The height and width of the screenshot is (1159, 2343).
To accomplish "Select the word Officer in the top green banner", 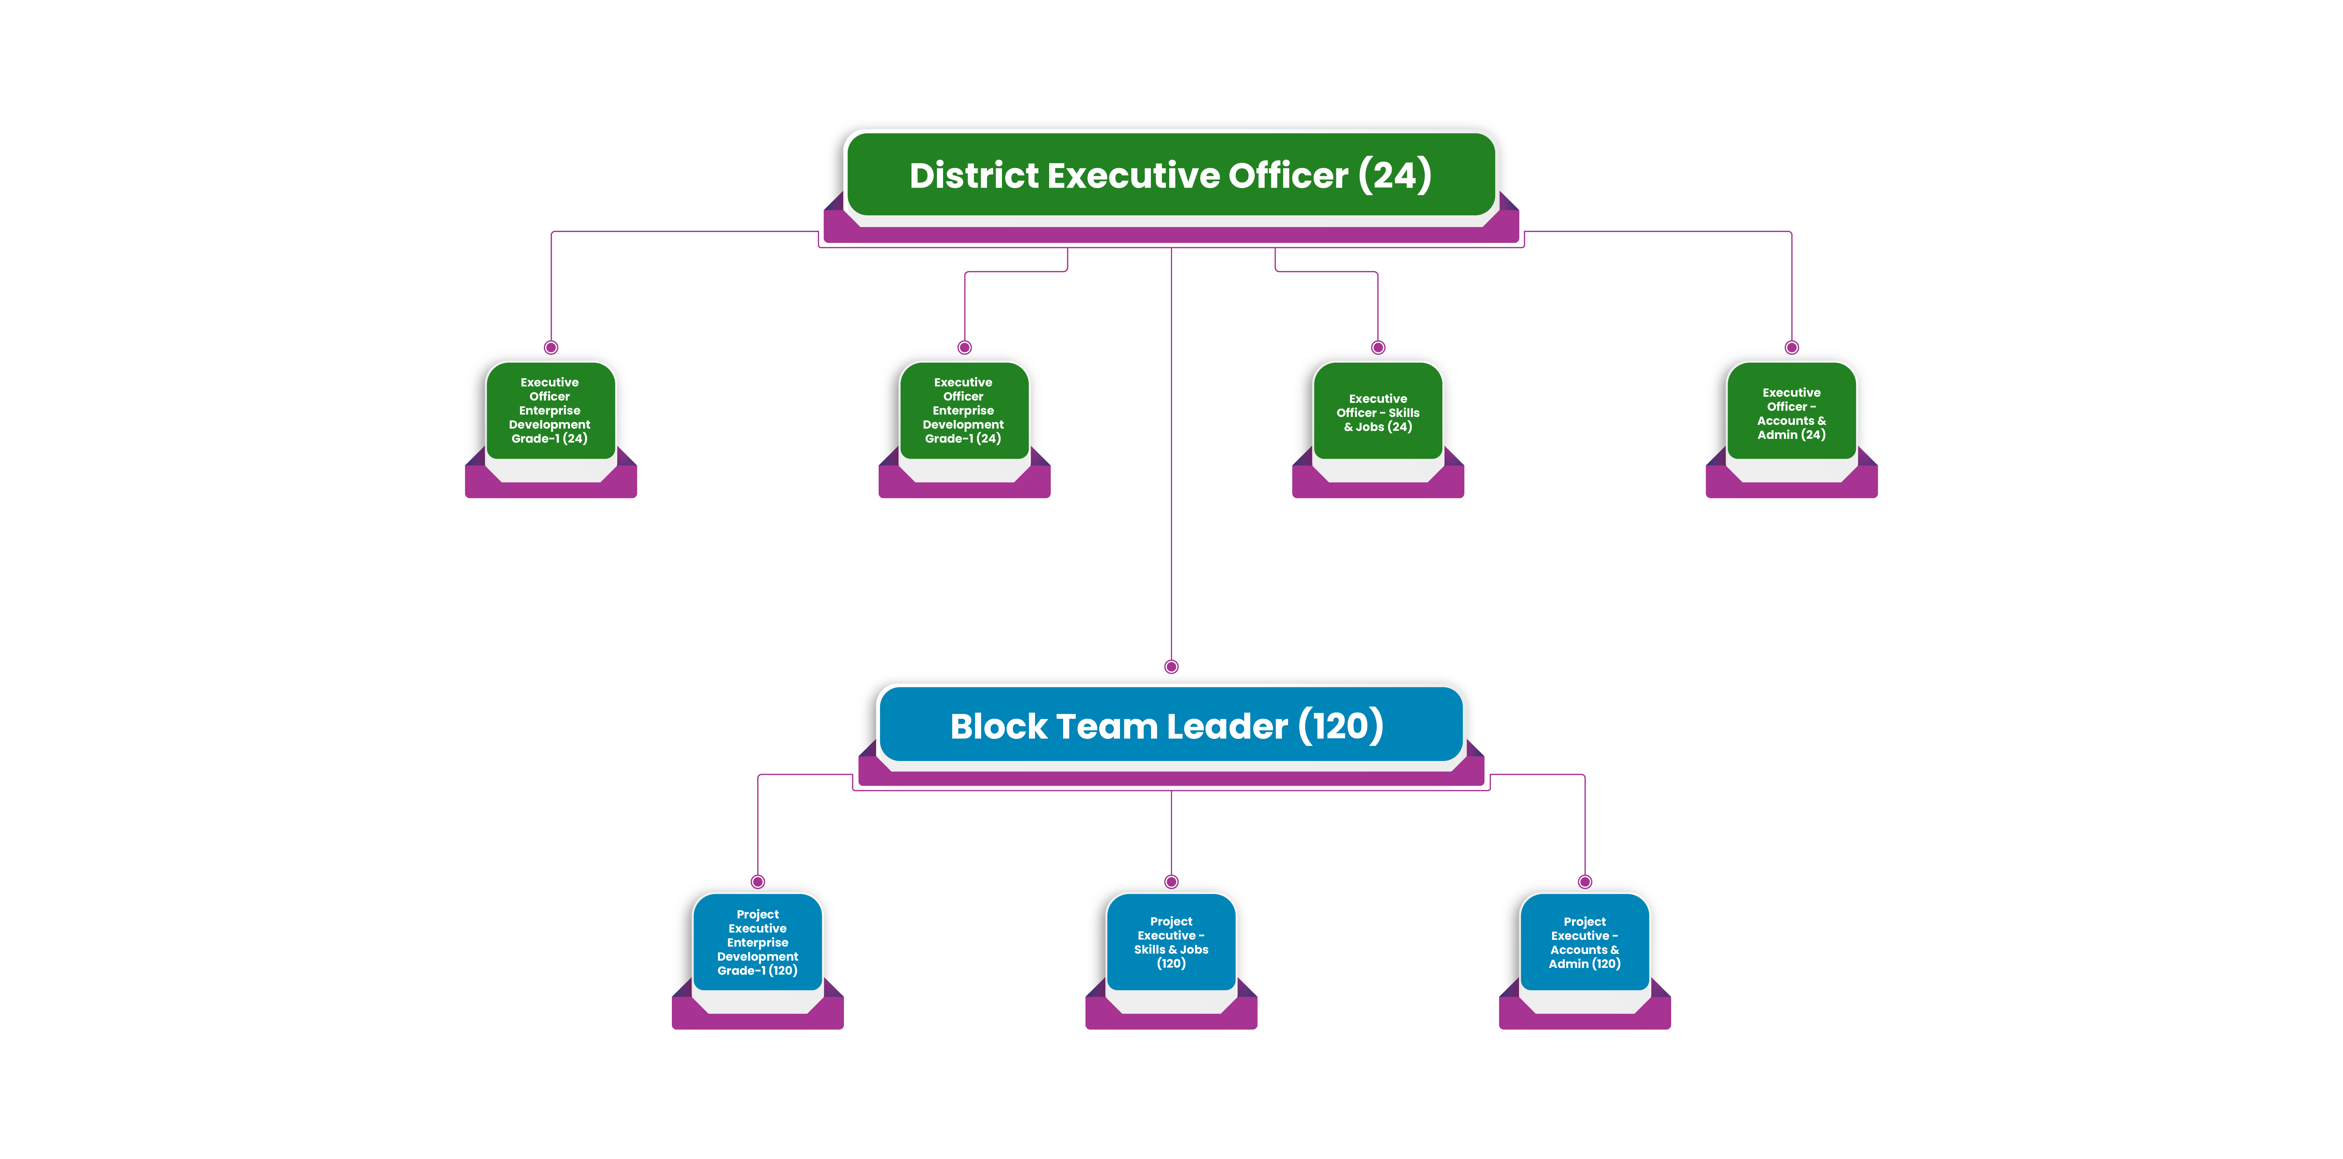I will [x=1288, y=175].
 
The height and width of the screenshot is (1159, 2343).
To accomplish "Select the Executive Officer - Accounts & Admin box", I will [x=1791, y=414].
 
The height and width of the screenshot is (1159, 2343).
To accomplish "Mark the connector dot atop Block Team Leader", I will [x=1171, y=667].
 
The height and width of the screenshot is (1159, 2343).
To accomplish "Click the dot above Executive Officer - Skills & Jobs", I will [x=1378, y=347].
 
